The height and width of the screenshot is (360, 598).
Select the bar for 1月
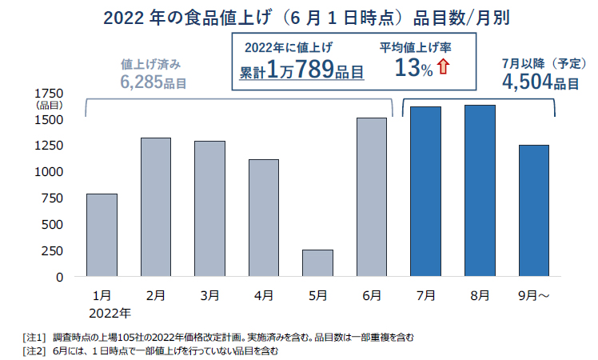[102, 234]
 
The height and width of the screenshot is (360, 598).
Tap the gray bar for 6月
[371, 197]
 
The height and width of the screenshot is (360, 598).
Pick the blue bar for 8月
[480, 190]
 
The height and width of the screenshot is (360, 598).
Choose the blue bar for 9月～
[533, 210]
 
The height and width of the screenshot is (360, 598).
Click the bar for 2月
[155, 206]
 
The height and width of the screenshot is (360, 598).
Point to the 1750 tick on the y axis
[52, 94]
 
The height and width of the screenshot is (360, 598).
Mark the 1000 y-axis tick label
[52, 172]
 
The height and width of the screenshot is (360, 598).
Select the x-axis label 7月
[425, 295]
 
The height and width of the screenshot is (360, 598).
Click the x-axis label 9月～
[533, 295]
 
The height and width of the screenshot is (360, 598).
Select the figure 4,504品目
[540, 82]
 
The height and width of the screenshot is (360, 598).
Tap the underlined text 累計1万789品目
[302, 70]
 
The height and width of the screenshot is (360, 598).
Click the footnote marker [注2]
[35, 350]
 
